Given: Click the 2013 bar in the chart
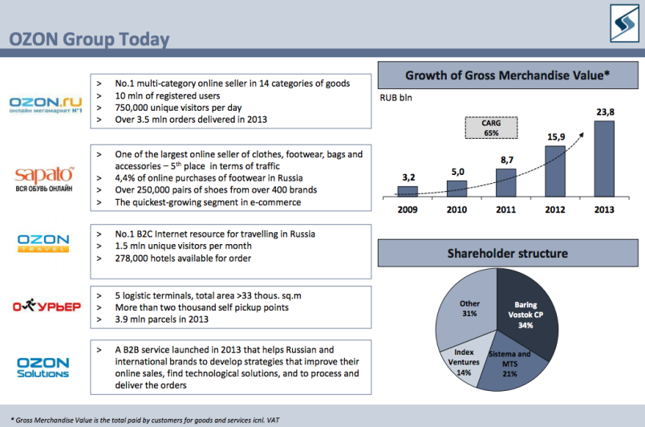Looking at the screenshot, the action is pos(604,159).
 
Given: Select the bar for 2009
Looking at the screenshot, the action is pos(408,192).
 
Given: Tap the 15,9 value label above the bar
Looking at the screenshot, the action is pos(556,137).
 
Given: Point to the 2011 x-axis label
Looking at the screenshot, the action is pos(505,209).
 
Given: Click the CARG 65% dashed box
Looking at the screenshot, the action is pos(491,128).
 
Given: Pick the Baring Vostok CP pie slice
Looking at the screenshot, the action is pos(529,313).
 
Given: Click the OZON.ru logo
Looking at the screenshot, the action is pos(46,104).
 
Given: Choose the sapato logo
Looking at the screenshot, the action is pos(44,179).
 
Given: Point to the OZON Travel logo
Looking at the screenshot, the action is pos(43,242).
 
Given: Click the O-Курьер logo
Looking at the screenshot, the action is pos(47,306).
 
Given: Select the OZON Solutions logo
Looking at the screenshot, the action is pos(43,368).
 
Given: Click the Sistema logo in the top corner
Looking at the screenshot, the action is pos(624,23).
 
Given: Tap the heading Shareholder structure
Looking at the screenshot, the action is pos(508,254).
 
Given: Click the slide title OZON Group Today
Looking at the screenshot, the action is pos(89,39).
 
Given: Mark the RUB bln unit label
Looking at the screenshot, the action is pos(396,98).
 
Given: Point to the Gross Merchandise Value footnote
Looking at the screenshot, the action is pos(144,420).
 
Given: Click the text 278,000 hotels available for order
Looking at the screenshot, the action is pos(183,258).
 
